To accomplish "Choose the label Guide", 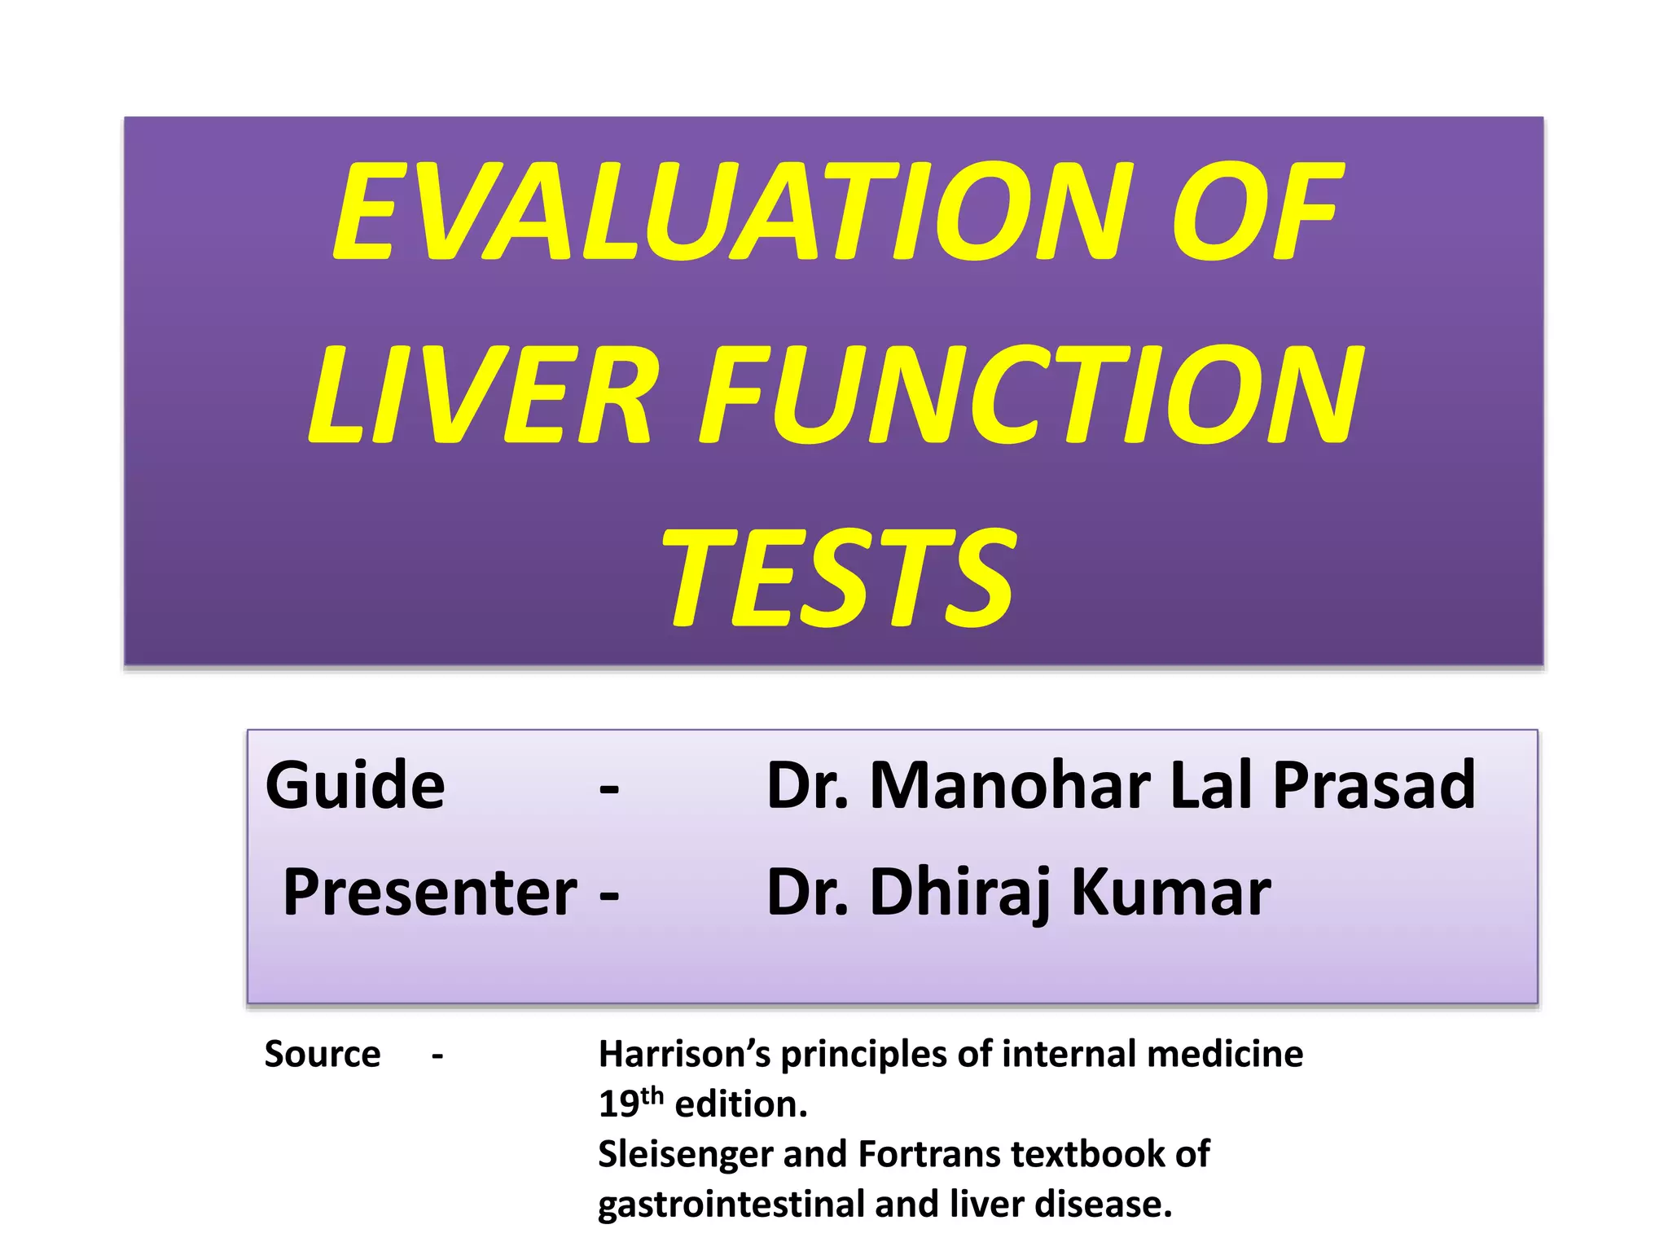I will (355, 786).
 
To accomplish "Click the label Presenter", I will (430, 893).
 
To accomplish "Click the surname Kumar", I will (1170, 893).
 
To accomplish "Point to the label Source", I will (323, 1055).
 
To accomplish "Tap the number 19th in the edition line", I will (631, 1104).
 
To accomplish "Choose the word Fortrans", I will (928, 1154).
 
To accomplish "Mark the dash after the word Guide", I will (609, 788).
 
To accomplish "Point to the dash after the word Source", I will (437, 1056).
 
